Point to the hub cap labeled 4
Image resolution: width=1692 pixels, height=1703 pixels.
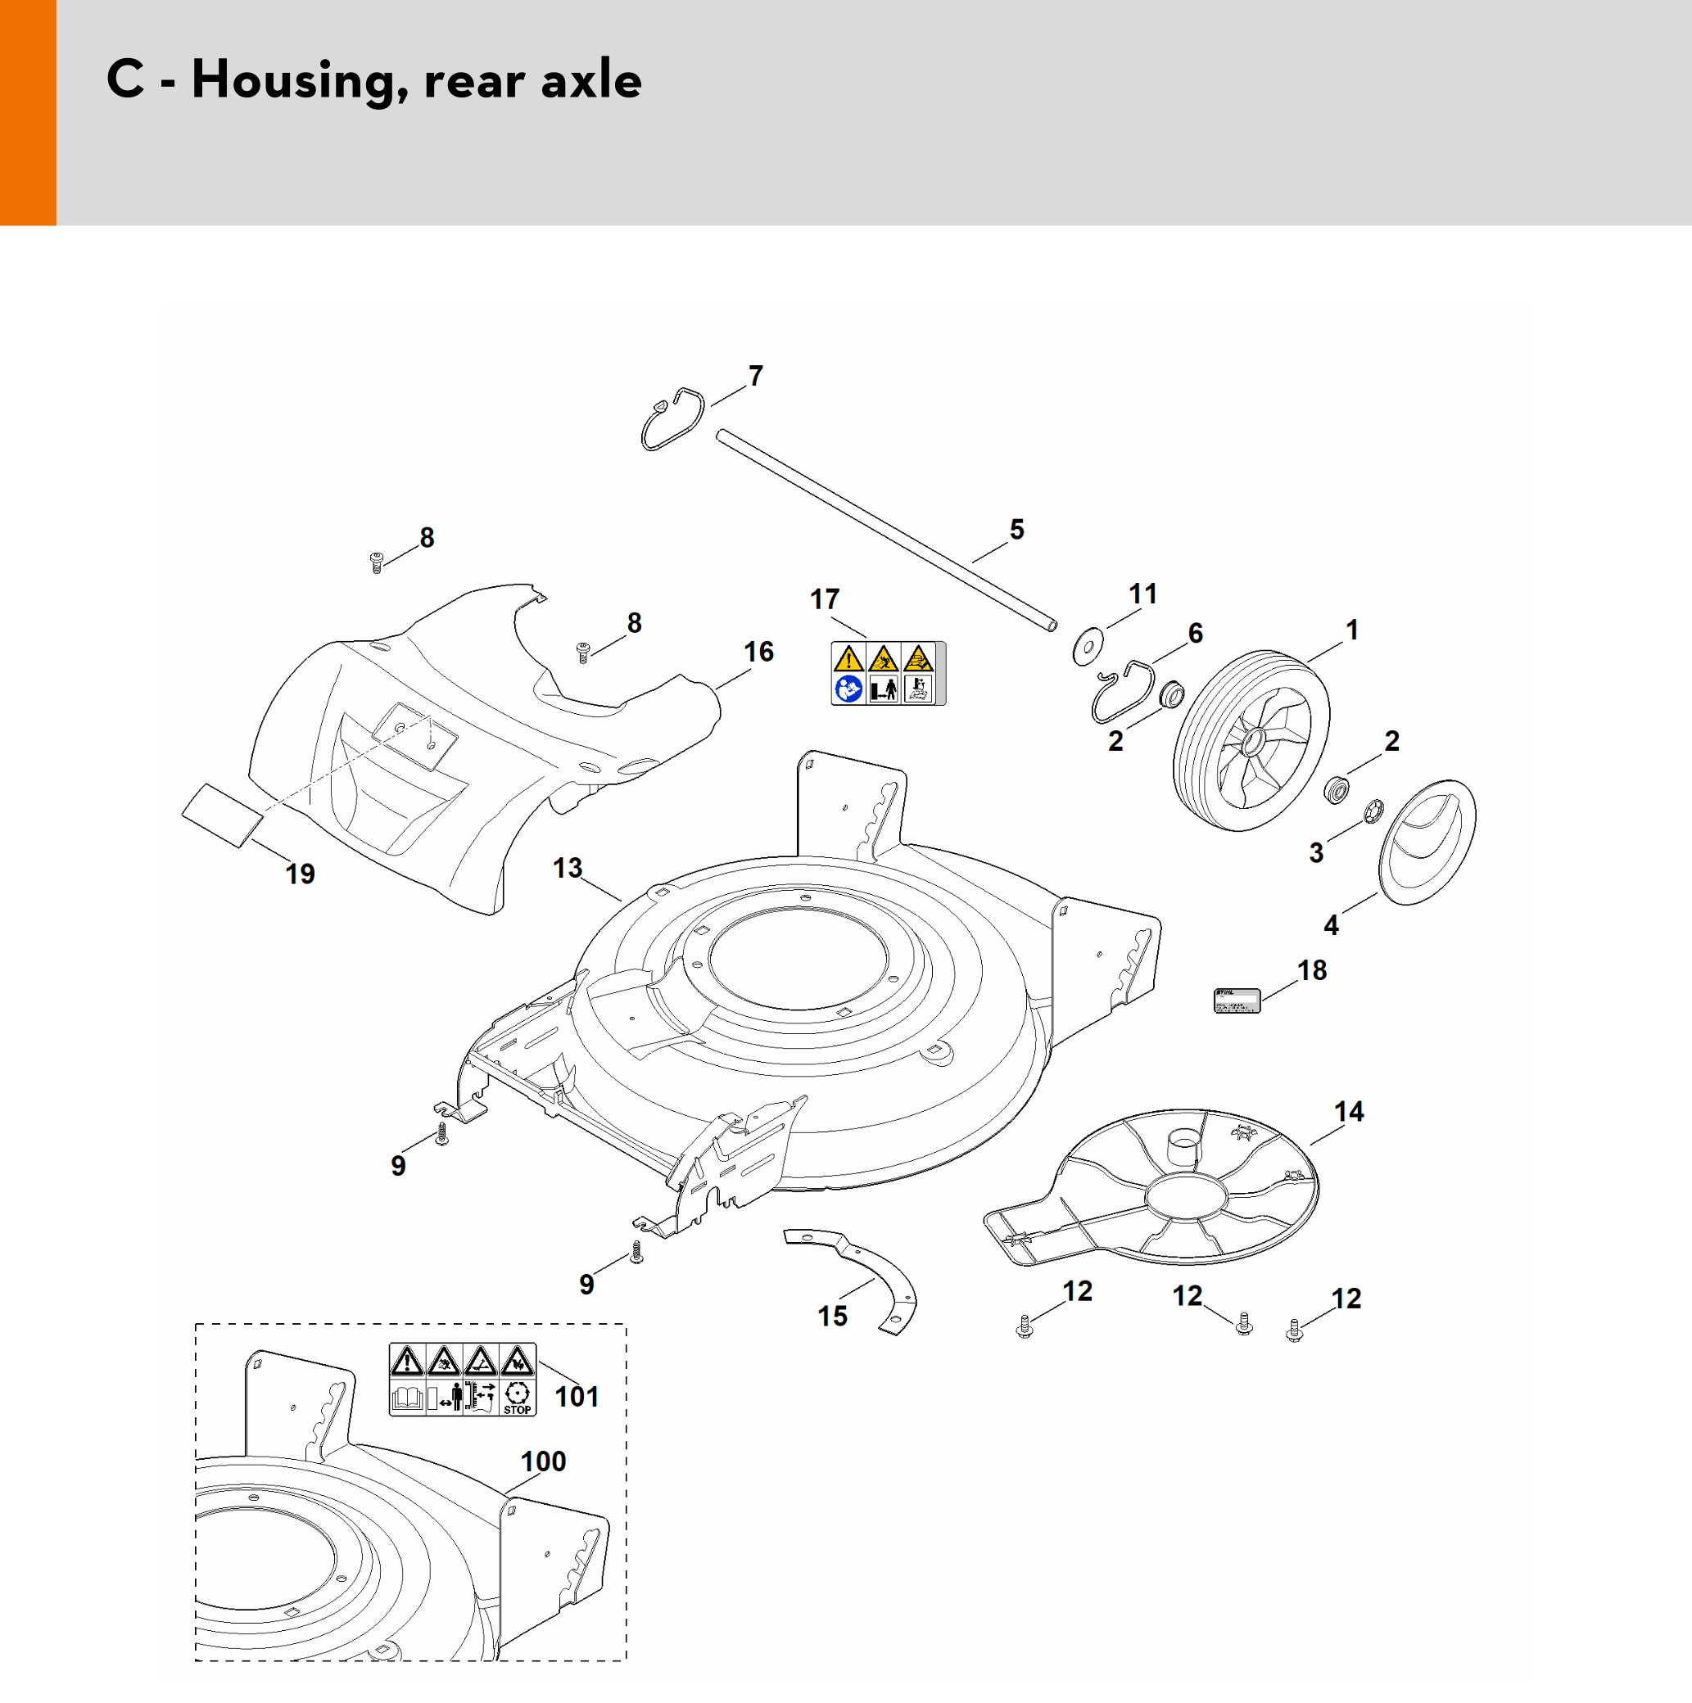(x=1426, y=841)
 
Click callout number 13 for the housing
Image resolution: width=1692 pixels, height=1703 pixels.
(x=567, y=868)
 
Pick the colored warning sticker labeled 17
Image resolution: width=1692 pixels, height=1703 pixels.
(x=888, y=674)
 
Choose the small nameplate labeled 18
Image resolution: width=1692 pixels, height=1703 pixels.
(x=1237, y=1001)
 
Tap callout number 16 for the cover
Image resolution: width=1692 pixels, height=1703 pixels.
(x=758, y=653)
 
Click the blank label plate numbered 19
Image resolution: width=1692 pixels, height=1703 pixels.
(x=222, y=815)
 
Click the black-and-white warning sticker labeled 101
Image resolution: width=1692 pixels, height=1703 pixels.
(x=462, y=1380)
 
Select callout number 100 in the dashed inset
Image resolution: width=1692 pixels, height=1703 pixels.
(x=542, y=1461)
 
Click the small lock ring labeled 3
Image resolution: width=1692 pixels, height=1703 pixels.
(x=1373, y=810)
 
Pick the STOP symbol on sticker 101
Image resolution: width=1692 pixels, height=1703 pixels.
(x=517, y=1397)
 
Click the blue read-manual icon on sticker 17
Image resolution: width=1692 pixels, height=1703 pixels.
(x=848, y=689)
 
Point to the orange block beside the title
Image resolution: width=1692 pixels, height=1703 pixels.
(x=28, y=113)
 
